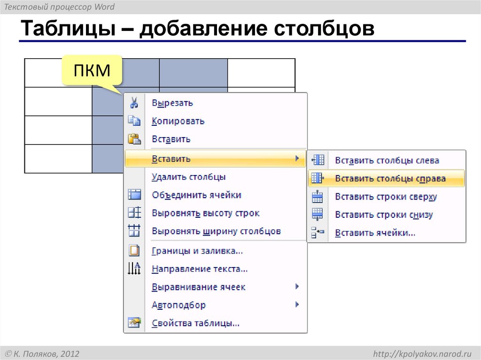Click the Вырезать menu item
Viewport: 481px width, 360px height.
(172, 103)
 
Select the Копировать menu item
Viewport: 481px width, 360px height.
(178, 121)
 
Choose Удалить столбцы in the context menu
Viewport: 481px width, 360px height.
(189, 177)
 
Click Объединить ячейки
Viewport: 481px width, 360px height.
(196, 195)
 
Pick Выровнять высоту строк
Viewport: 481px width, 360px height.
(205, 214)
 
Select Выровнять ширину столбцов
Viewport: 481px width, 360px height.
(216, 231)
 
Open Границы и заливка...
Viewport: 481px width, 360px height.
(197, 251)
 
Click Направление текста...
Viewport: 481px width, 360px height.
(200, 269)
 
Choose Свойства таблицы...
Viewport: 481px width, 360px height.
(196, 323)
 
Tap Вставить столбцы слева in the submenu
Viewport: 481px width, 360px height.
(387, 161)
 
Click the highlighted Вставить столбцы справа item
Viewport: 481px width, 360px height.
(390, 179)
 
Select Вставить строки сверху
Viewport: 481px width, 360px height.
(386, 197)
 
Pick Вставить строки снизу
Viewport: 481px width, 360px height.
(384, 215)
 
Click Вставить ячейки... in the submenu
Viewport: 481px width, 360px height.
(375, 233)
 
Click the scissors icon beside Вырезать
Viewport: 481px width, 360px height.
(134, 103)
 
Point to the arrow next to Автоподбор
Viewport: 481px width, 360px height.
(297, 305)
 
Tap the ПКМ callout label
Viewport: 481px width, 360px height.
(92, 71)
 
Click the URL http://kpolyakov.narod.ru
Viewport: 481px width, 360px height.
(421, 353)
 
